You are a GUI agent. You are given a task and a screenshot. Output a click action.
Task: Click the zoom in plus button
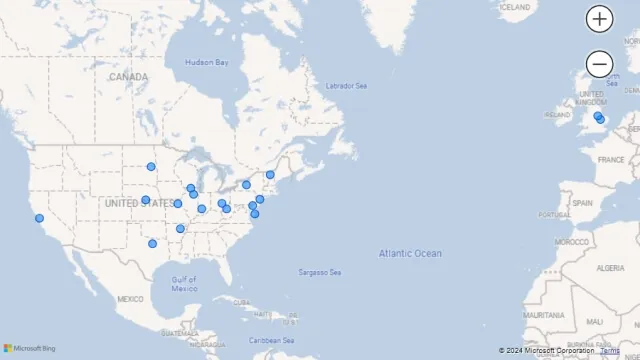pos(599,18)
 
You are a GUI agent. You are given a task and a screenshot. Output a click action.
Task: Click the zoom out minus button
pos(599,64)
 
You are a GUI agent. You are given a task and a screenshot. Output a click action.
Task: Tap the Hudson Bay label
pos(207,63)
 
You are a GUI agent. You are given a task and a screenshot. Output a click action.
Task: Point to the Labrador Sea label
pos(346,86)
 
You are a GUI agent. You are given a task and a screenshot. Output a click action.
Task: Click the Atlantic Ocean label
pos(409,253)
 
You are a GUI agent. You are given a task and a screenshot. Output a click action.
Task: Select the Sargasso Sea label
pos(320,273)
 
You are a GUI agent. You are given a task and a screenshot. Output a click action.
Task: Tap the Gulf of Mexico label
pos(184,284)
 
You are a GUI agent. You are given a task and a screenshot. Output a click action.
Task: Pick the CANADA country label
pos(128,77)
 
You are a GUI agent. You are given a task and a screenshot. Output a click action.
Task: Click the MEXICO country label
pos(130,299)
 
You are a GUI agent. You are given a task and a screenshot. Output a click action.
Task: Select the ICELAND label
pos(515,7)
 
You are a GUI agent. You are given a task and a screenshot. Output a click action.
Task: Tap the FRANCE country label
pos(610,159)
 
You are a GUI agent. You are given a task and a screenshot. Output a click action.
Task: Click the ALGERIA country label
pos(609,269)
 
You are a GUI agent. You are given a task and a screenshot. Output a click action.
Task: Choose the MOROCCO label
pos(572,242)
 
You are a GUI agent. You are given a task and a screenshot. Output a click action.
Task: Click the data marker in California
pos(39,218)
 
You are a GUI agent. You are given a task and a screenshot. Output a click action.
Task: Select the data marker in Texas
pos(152,243)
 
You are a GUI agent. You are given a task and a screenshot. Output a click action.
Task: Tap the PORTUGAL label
pos(553,214)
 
